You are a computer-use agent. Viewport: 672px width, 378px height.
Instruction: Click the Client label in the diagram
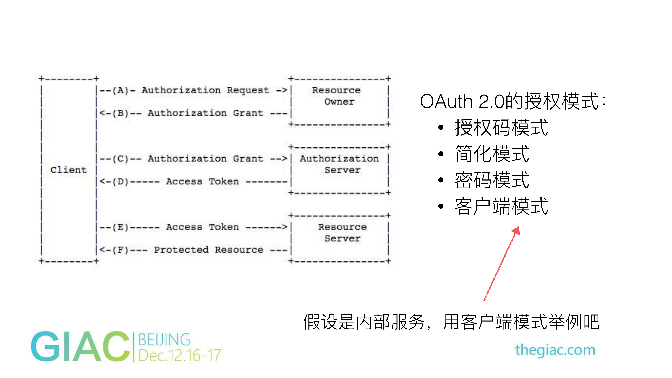(x=68, y=170)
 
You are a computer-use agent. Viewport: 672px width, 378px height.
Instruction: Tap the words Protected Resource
(x=208, y=250)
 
